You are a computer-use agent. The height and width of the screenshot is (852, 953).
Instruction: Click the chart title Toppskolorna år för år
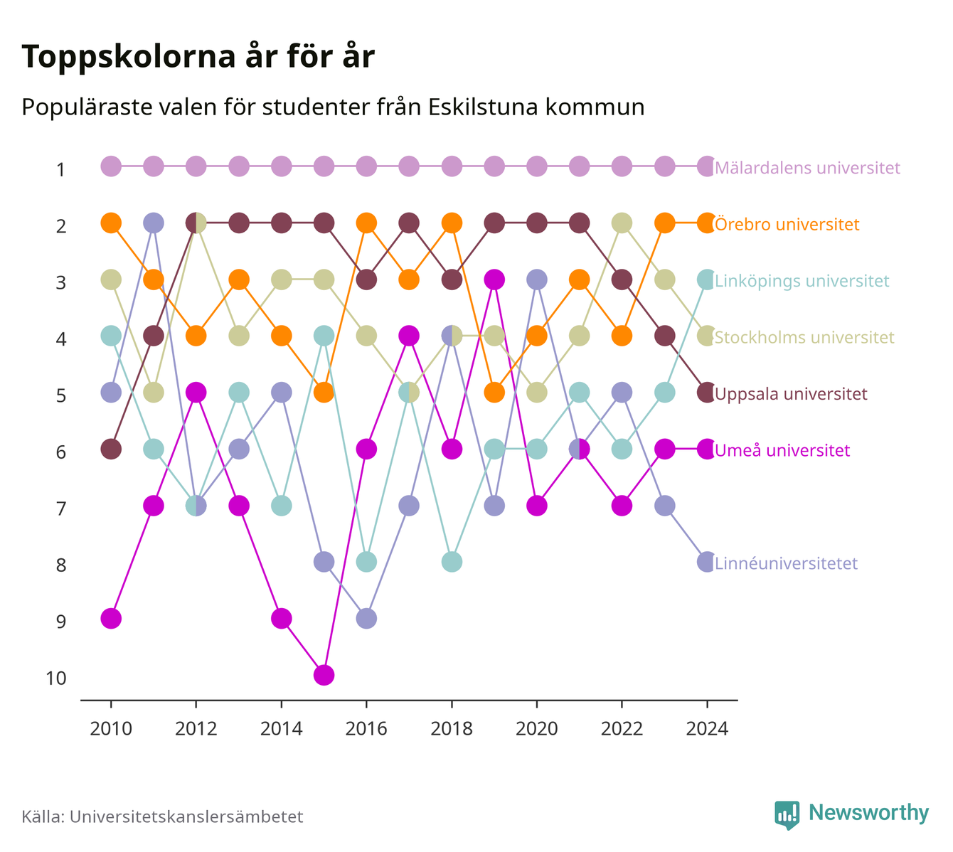pyautogui.click(x=198, y=56)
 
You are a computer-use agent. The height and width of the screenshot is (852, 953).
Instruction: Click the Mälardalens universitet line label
pyautogui.click(x=807, y=167)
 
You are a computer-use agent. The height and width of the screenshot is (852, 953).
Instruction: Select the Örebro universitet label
pyautogui.click(x=787, y=224)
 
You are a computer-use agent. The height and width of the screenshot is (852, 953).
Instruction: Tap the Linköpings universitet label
pyautogui.click(x=802, y=281)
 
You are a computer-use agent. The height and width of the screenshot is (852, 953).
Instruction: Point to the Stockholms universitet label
pyautogui.click(x=804, y=337)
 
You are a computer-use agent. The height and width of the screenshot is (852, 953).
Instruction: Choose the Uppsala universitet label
pyautogui.click(x=791, y=394)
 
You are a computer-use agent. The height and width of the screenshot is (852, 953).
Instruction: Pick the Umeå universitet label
pyautogui.click(x=782, y=450)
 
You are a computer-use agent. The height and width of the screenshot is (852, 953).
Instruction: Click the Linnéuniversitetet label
pyautogui.click(x=786, y=563)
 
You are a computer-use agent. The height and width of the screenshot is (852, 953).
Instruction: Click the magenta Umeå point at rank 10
pyautogui.click(x=324, y=675)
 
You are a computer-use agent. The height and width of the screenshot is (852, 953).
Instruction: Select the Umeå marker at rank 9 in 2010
pyautogui.click(x=111, y=619)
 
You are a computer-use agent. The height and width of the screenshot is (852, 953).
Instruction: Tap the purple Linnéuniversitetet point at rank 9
pyautogui.click(x=366, y=619)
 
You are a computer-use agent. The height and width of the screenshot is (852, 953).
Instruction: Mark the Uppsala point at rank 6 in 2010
pyautogui.click(x=111, y=449)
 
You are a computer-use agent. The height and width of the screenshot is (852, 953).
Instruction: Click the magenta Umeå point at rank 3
pyautogui.click(x=494, y=280)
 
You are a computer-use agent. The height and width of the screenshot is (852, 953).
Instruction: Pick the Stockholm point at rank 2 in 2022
pyautogui.click(x=622, y=223)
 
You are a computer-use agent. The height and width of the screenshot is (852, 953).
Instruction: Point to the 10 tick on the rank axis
pyautogui.click(x=56, y=678)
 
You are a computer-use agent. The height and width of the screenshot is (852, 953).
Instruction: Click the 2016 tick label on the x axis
pyautogui.click(x=366, y=729)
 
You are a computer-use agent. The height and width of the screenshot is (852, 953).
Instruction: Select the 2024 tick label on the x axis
pyautogui.click(x=706, y=729)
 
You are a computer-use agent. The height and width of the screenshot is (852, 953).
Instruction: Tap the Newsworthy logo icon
pyautogui.click(x=787, y=815)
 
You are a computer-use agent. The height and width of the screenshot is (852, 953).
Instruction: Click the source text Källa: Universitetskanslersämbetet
pyautogui.click(x=162, y=816)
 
